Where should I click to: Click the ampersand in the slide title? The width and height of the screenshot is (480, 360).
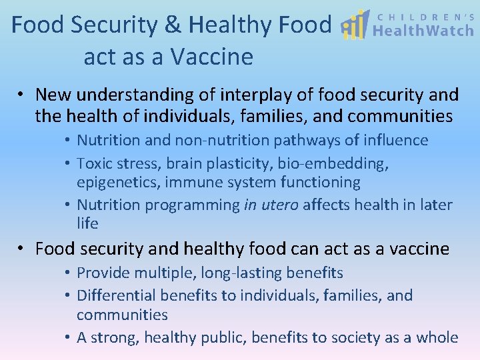(172, 25)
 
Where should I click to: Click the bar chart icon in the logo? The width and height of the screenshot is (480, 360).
(355, 25)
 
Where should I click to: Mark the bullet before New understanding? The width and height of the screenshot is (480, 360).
(23, 95)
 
